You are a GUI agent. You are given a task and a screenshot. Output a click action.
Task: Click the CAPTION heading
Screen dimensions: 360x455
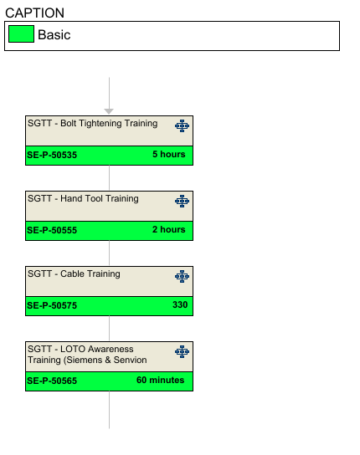tap(34, 13)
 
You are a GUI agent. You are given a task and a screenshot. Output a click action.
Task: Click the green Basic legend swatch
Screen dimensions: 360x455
tap(21, 34)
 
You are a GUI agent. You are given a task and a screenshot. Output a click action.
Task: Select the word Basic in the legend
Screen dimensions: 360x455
tap(54, 35)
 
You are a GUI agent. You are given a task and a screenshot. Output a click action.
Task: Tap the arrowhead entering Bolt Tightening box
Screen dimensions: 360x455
tap(109, 111)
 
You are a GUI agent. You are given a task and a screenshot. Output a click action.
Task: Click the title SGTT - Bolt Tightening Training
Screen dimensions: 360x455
tap(93, 123)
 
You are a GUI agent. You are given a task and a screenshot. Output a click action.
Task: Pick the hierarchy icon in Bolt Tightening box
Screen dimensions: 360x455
tap(183, 126)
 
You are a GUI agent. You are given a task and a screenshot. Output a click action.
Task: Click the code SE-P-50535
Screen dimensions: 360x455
tap(52, 155)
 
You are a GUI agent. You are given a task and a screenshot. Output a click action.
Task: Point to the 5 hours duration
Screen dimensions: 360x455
tap(169, 154)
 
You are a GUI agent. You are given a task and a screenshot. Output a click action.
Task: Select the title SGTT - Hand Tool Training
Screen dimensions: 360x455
tap(83, 198)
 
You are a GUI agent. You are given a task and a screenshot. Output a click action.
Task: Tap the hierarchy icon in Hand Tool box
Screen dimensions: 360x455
tap(183, 201)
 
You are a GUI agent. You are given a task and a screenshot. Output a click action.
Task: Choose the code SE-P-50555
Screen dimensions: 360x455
tap(52, 230)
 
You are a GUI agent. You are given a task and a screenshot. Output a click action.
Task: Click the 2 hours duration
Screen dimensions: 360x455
tap(169, 229)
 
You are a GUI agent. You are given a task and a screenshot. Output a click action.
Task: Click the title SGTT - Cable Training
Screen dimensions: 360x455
tap(74, 274)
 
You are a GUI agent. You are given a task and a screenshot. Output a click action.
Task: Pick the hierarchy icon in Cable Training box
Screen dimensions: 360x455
tap(183, 276)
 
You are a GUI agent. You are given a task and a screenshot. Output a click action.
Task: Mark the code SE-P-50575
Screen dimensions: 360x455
tap(52, 305)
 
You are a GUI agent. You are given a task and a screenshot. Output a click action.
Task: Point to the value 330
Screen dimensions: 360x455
tap(180, 304)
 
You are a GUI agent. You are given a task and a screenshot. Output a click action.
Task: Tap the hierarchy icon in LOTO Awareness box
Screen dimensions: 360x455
tap(183, 351)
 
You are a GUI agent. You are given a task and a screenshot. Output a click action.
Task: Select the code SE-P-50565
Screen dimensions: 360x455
tap(52, 381)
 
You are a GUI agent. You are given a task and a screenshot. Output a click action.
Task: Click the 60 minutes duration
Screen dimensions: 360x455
tap(161, 380)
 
